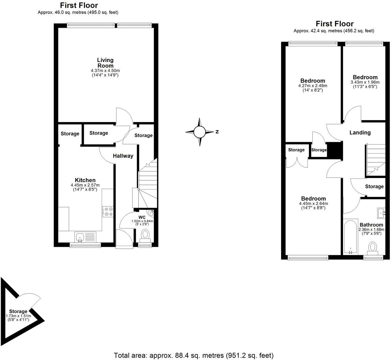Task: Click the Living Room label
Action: (x=105, y=63)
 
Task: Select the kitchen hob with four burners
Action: (x=108, y=212)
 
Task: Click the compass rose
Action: (x=200, y=132)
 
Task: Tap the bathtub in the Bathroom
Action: (x=350, y=237)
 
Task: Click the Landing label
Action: (x=360, y=133)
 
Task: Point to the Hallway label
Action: (x=123, y=156)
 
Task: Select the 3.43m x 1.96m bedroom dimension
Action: (x=365, y=82)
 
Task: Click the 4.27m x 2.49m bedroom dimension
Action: (x=313, y=86)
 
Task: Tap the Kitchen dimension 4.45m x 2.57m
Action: (x=85, y=185)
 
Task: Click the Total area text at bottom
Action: (x=193, y=355)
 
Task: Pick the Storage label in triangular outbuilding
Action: (x=18, y=311)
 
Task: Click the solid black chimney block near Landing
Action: (x=335, y=150)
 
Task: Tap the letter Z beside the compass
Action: (x=217, y=132)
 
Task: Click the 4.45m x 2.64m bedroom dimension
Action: (x=313, y=204)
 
